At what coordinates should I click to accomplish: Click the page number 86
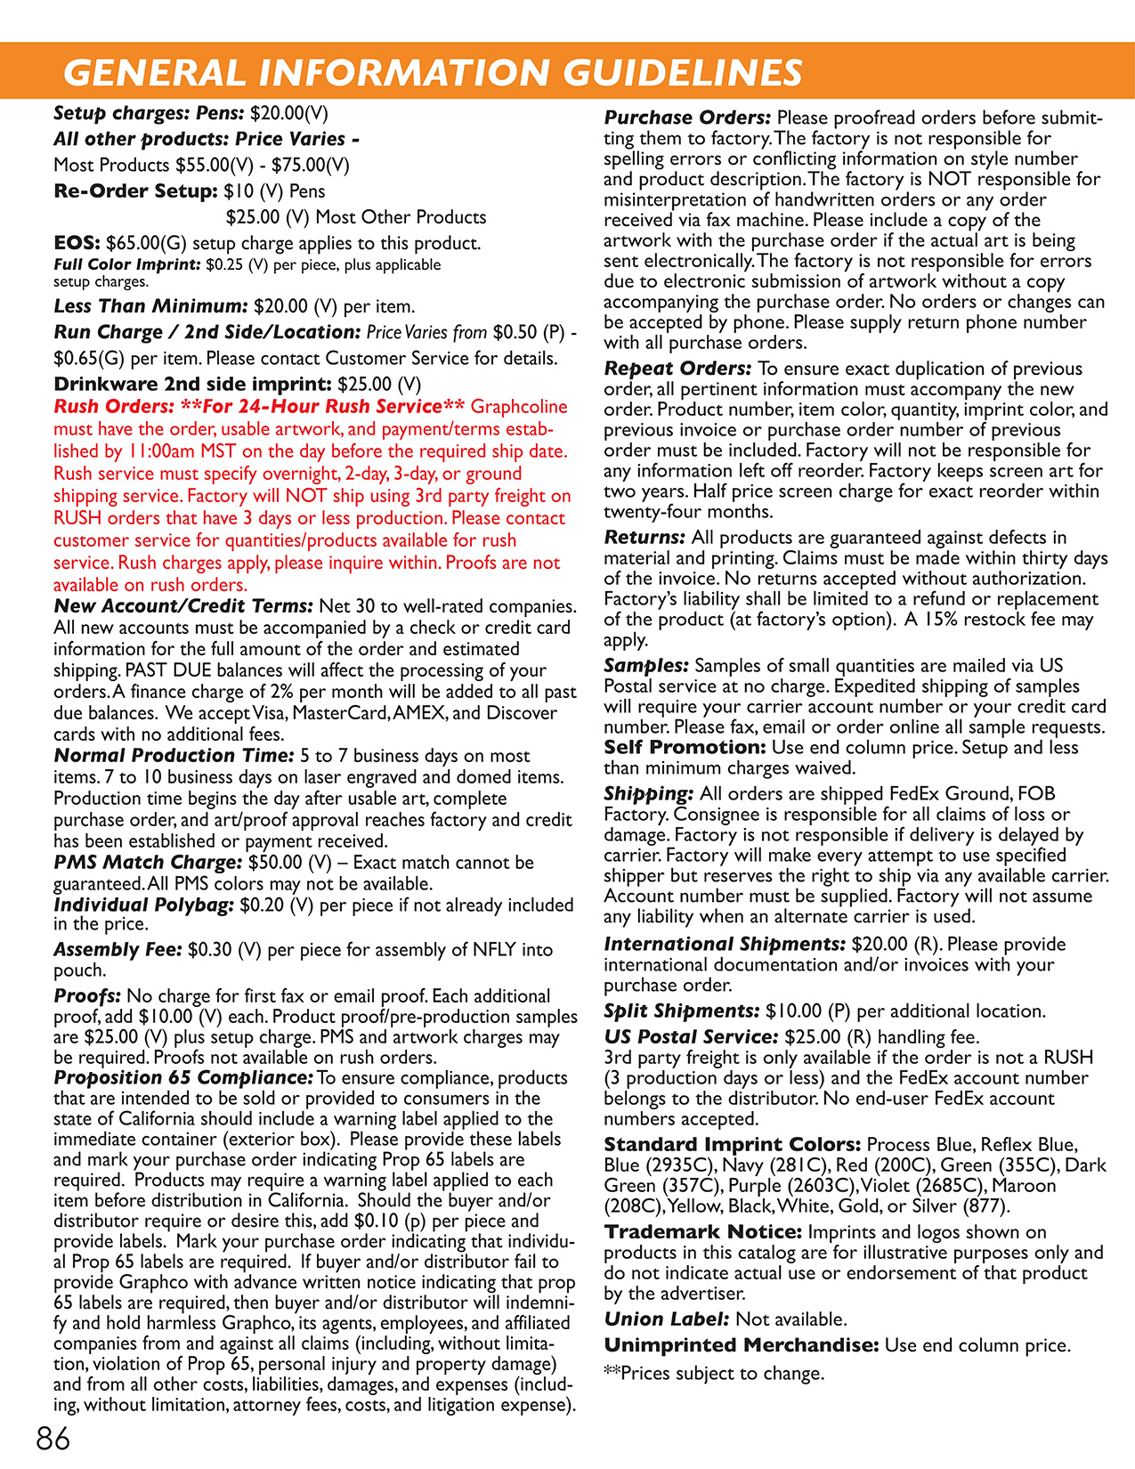(53, 1438)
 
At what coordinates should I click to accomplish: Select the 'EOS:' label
(77, 243)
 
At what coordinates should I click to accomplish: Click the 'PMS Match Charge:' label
(148, 863)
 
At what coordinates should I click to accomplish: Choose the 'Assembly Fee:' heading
(118, 950)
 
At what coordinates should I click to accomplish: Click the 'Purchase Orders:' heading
(687, 118)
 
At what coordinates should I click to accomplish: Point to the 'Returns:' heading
(645, 538)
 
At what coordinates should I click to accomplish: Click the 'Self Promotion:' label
(685, 748)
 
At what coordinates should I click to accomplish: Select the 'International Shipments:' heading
(724, 945)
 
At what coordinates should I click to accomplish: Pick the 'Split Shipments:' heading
(682, 1011)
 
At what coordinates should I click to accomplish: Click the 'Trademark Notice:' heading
(703, 1232)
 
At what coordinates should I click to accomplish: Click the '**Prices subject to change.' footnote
(714, 1374)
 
